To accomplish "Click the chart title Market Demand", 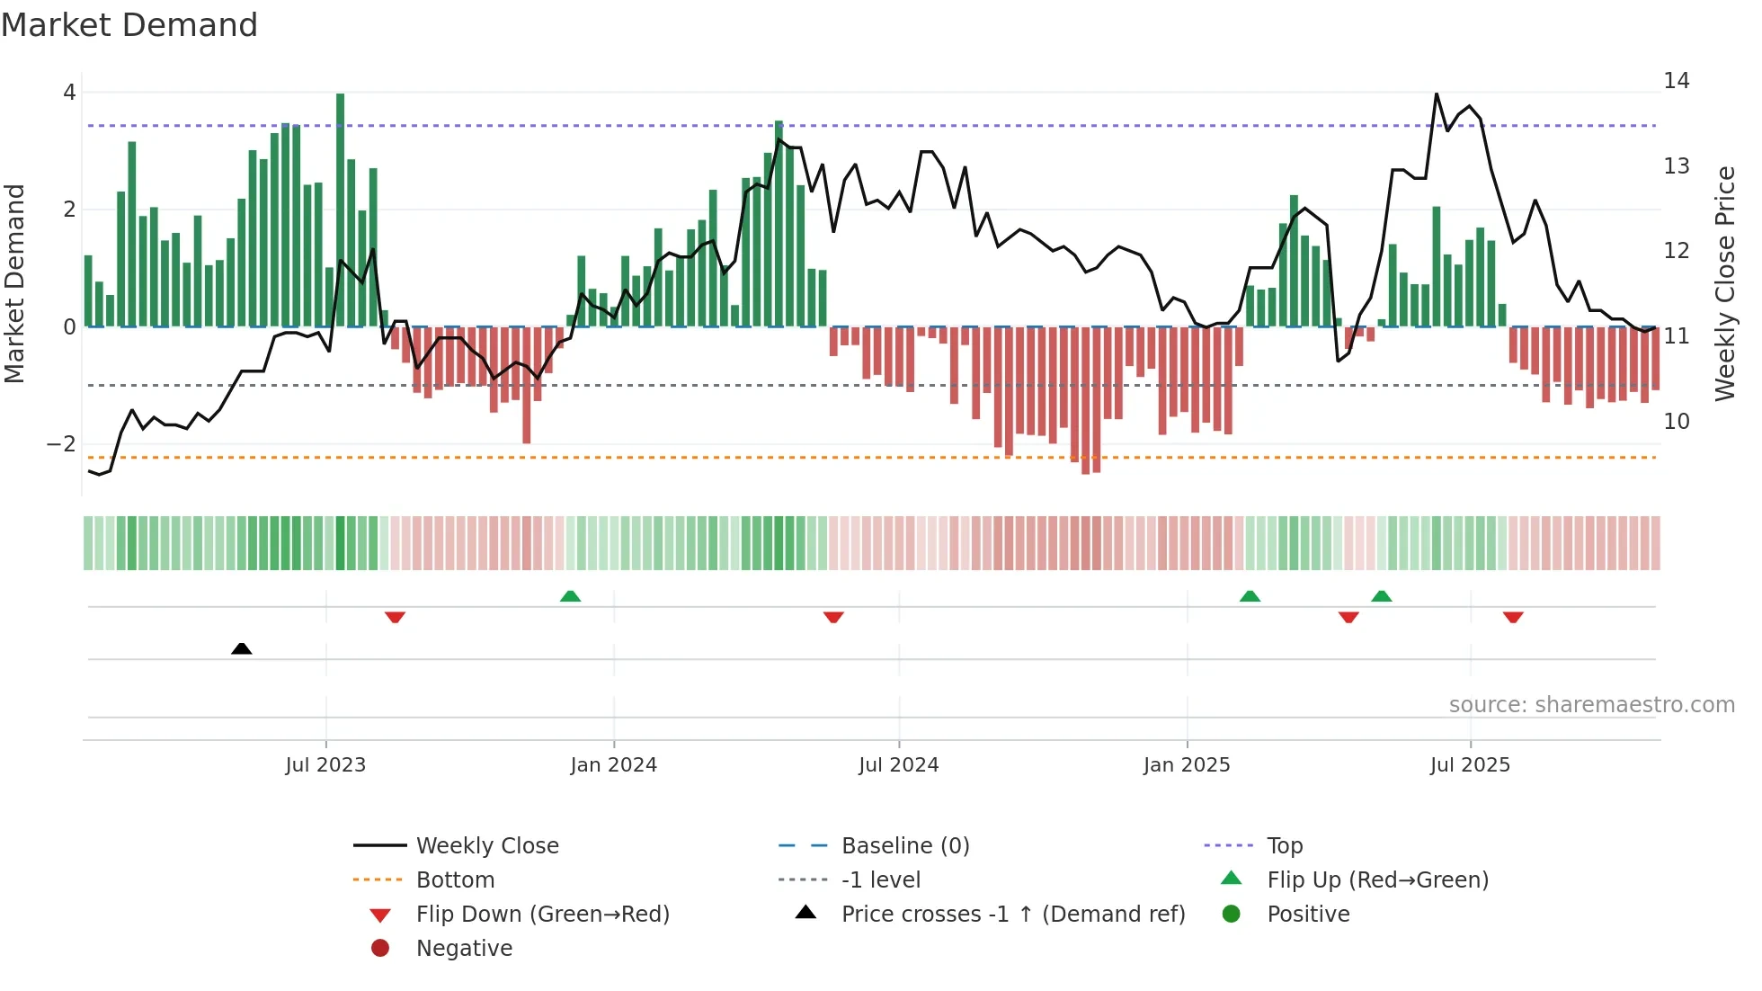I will (129, 25).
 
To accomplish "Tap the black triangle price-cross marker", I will (241, 648).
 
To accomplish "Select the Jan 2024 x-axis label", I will (613, 765).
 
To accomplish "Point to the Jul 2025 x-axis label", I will (1470, 765).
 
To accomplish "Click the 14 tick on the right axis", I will (1676, 81).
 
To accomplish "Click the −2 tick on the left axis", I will (61, 444).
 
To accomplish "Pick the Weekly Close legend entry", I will (486, 846).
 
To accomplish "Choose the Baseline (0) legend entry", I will (904, 846).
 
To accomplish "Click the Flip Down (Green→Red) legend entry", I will (542, 915).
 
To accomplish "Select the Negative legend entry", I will (464, 949).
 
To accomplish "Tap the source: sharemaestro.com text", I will (1591, 705).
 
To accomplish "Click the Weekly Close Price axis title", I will (1724, 283).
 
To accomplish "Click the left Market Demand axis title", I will (14, 283).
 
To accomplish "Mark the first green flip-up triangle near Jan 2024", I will (570, 596).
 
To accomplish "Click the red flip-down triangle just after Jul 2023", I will (395, 617).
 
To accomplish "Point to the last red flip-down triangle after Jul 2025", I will (1513, 617).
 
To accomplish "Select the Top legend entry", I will (1284, 846).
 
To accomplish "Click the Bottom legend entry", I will (455, 880).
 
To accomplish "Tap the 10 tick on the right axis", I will (1676, 422).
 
